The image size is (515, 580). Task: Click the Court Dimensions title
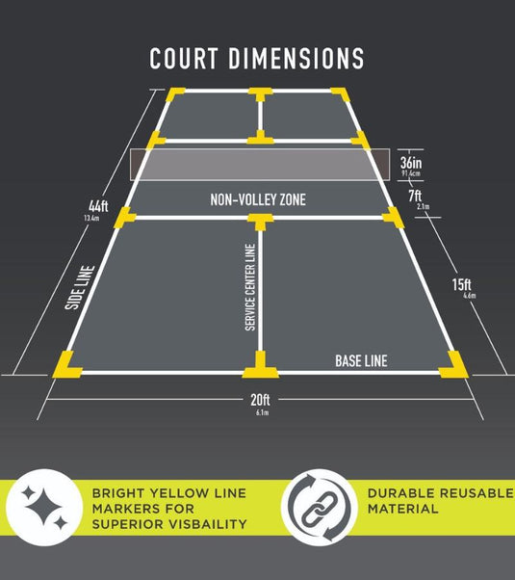257,58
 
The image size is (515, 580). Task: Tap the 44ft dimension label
98,206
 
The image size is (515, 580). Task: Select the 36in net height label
411,163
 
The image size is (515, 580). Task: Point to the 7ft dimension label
415,196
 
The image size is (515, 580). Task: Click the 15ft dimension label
461,284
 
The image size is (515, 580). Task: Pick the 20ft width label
260,400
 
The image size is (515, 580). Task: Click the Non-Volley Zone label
258,199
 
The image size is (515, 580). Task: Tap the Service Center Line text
250,287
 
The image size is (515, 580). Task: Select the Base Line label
361,361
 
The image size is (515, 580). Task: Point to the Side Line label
80,287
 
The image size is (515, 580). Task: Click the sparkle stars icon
44,508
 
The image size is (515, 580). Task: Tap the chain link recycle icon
319,508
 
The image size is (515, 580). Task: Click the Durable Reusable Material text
440,501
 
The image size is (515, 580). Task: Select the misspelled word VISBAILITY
206,524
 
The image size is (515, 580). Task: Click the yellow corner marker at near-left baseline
66,366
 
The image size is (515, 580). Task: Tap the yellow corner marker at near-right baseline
454,366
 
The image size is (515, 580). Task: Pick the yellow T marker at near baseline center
260,365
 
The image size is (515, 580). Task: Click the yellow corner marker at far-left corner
174,93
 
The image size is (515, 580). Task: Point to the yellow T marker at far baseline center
260,93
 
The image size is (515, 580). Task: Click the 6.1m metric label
262,412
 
